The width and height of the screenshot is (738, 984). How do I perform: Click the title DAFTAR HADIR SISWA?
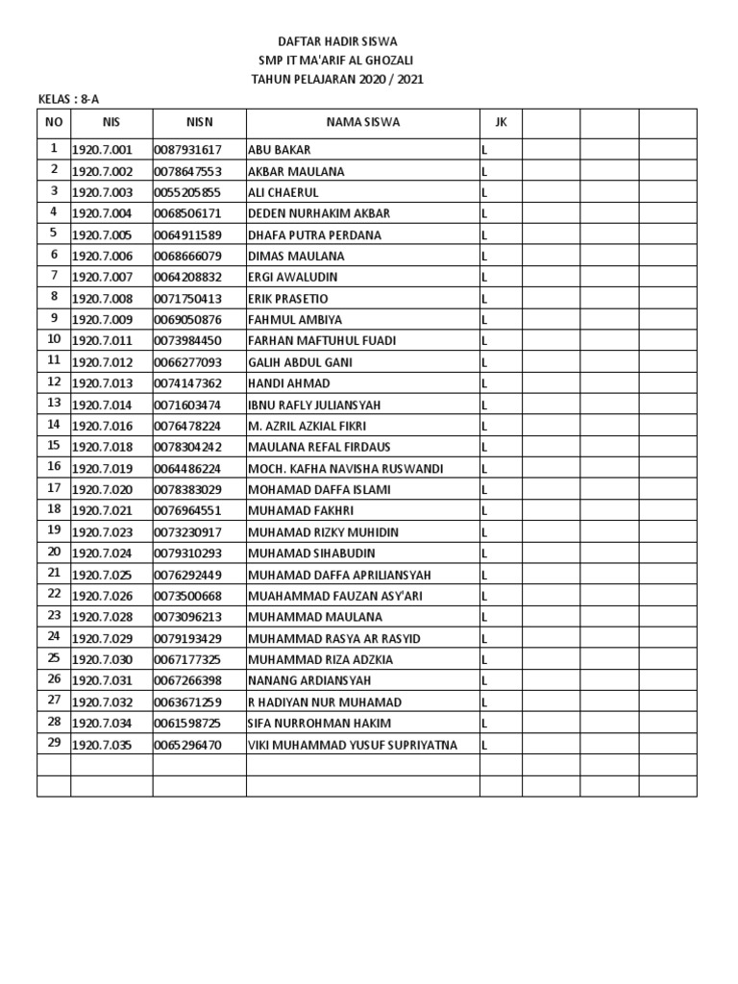coord(336,41)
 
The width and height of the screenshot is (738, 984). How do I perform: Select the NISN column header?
coord(199,122)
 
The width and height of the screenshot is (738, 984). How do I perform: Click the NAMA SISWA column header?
coord(362,122)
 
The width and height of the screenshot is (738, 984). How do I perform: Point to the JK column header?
coord(500,122)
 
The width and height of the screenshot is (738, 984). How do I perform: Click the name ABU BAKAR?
coord(279,150)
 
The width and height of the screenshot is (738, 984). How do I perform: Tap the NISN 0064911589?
coord(188,234)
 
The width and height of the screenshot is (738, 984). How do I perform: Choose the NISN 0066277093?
coord(188,362)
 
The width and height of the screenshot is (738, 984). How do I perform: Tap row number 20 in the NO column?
coord(54,553)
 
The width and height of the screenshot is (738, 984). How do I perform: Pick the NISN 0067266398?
coord(188,680)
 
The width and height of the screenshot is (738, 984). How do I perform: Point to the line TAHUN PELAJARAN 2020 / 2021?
coord(336,80)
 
